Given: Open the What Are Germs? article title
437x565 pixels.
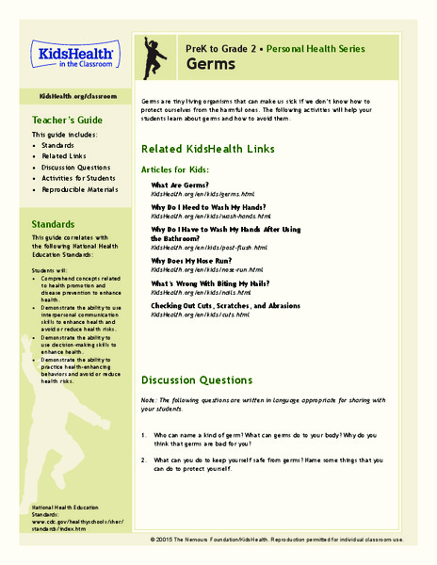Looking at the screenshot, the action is pos(181,185).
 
